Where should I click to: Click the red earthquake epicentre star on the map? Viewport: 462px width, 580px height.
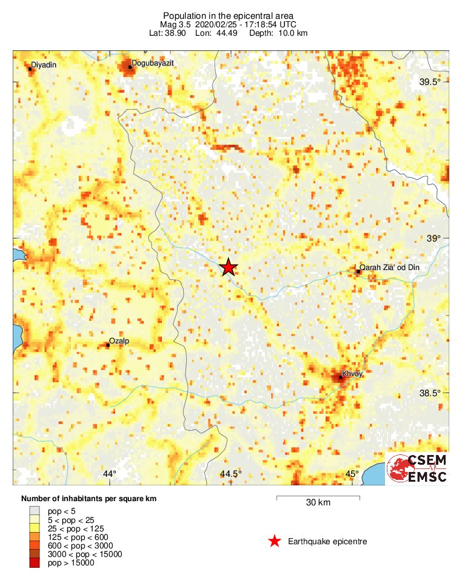(228, 267)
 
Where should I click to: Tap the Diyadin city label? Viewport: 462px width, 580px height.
(44, 64)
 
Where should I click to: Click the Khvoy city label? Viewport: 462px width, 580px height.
(352, 374)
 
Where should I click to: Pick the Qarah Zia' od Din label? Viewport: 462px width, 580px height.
(390, 267)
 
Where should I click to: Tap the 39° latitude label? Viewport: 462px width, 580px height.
(434, 238)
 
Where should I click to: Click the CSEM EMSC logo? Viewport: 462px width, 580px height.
(418, 468)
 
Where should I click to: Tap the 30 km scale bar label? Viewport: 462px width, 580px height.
(318, 503)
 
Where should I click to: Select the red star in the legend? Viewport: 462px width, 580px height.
(275, 541)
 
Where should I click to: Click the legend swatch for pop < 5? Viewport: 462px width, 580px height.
(35, 511)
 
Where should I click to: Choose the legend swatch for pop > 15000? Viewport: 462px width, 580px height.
(35, 563)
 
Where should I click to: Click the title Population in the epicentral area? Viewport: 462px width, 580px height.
(228, 15)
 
